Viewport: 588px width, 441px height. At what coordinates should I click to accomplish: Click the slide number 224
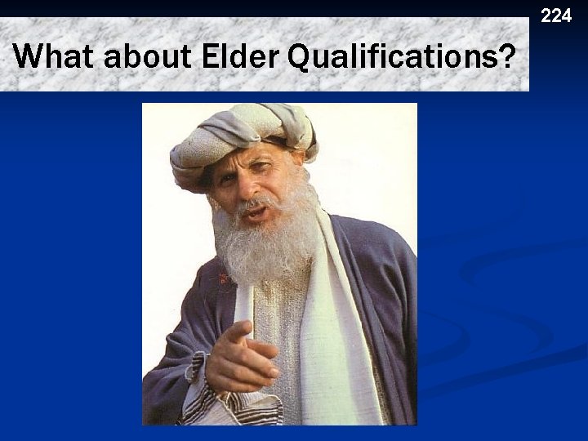pos(556,15)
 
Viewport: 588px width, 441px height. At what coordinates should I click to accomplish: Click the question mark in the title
pos(507,57)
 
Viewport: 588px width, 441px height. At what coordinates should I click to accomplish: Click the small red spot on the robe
pos(222,278)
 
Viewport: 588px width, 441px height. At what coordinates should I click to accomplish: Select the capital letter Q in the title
pos(301,58)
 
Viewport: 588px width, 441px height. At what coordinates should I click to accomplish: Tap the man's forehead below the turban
pos(245,163)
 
